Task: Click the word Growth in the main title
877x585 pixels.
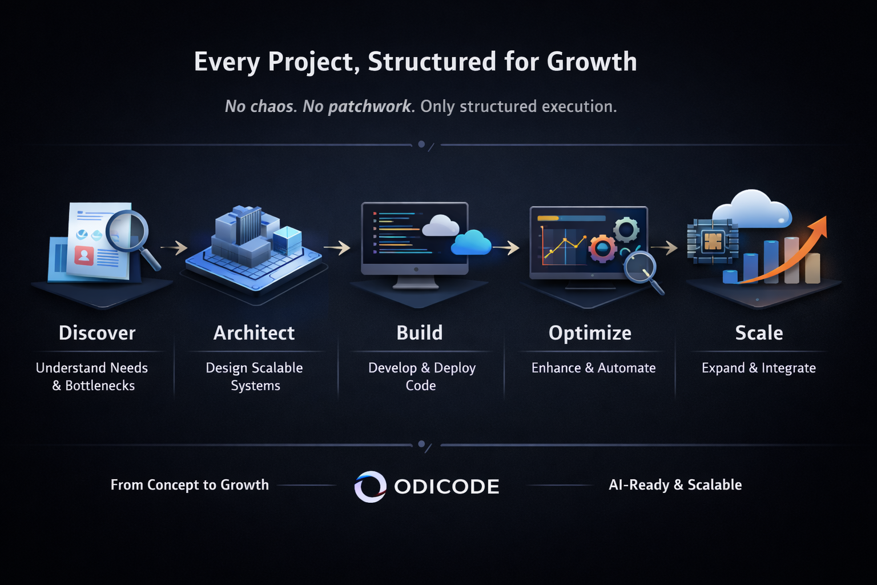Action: point(592,62)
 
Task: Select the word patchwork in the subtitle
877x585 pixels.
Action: point(370,107)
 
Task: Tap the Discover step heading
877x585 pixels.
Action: point(97,333)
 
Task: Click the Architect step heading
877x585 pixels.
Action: point(254,333)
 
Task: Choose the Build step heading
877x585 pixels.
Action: point(420,333)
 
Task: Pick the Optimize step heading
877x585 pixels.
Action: point(590,334)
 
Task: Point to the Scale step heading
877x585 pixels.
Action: point(759,333)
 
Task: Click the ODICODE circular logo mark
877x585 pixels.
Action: point(371,486)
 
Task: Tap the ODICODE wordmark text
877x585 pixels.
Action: point(446,487)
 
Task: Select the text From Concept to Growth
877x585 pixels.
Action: point(190,485)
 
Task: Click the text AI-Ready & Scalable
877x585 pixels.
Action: point(675,485)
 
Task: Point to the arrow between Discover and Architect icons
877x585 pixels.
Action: point(174,247)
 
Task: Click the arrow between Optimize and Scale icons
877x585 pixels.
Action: point(664,247)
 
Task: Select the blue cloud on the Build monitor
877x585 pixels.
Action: point(471,243)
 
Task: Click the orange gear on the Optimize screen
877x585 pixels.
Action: point(603,249)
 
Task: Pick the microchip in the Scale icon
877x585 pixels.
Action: point(713,241)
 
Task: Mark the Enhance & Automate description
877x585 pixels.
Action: point(594,368)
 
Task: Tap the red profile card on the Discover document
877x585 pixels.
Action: point(84,256)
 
